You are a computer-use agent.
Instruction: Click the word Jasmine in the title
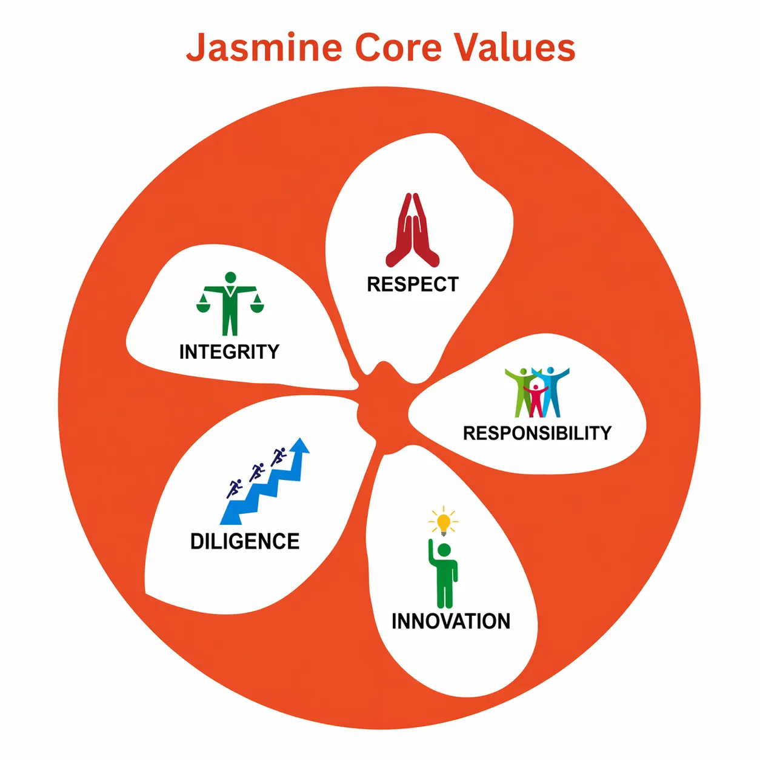[x=264, y=47]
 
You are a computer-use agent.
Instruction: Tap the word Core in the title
[x=398, y=47]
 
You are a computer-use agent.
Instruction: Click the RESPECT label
[x=413, y=284]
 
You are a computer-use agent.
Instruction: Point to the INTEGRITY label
[x=229, y=352]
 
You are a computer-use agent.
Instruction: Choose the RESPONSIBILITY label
[x=537, y=433]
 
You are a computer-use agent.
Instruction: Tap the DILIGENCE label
[x=245, y=541]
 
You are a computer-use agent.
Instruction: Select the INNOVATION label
[x=451, y=621]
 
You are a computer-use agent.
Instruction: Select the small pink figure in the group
[x=535, y=400]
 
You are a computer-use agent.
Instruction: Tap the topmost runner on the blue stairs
[x=278, y=457]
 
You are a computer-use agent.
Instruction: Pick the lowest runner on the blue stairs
[x=234, y=488]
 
